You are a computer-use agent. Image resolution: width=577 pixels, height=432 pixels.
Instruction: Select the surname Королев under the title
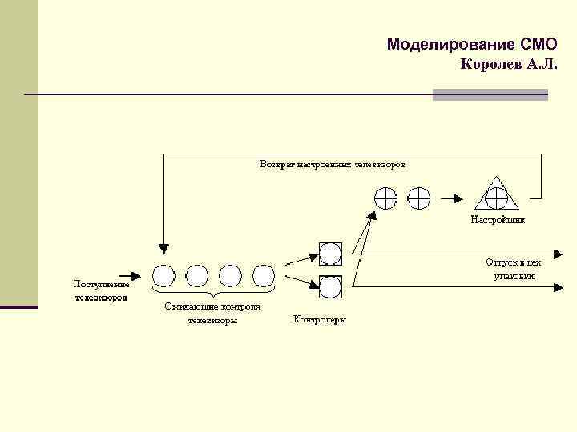pyautogui.click(x=492, y=64)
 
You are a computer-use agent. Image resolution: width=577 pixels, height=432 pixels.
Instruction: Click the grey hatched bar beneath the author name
pyautogui.click(x=490, y=94)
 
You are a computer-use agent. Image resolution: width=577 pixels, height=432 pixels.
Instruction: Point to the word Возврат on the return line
pyautogui.click(x=277, y=164)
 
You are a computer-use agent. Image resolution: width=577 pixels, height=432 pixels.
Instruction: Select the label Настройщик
pyautogui.click(x=498, y=219)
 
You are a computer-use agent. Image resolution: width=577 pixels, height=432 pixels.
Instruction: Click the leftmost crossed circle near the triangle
pyautogui.click(x=385, y=198)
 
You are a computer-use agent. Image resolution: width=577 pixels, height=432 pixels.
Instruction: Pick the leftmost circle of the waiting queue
pyautogui.click(x=163, y=276)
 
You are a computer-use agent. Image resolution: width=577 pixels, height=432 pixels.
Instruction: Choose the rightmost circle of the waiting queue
pyautogui.click(x=264, y=276)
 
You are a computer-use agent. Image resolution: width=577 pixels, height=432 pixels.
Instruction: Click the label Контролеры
pyautogui.click(x=320, y=321)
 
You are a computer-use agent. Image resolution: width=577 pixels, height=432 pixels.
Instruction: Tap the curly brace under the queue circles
pyautogui.click(x=213, y=294)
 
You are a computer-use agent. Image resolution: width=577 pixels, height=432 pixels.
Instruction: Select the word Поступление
pyautogui.click(x=101, y=283)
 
